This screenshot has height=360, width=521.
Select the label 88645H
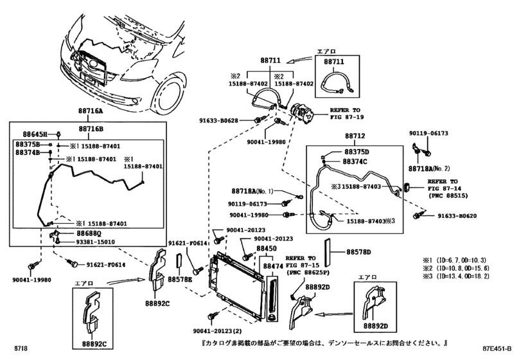(28, 134)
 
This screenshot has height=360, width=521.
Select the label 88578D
(360, 251)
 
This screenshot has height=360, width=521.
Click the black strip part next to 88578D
(329, 251)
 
